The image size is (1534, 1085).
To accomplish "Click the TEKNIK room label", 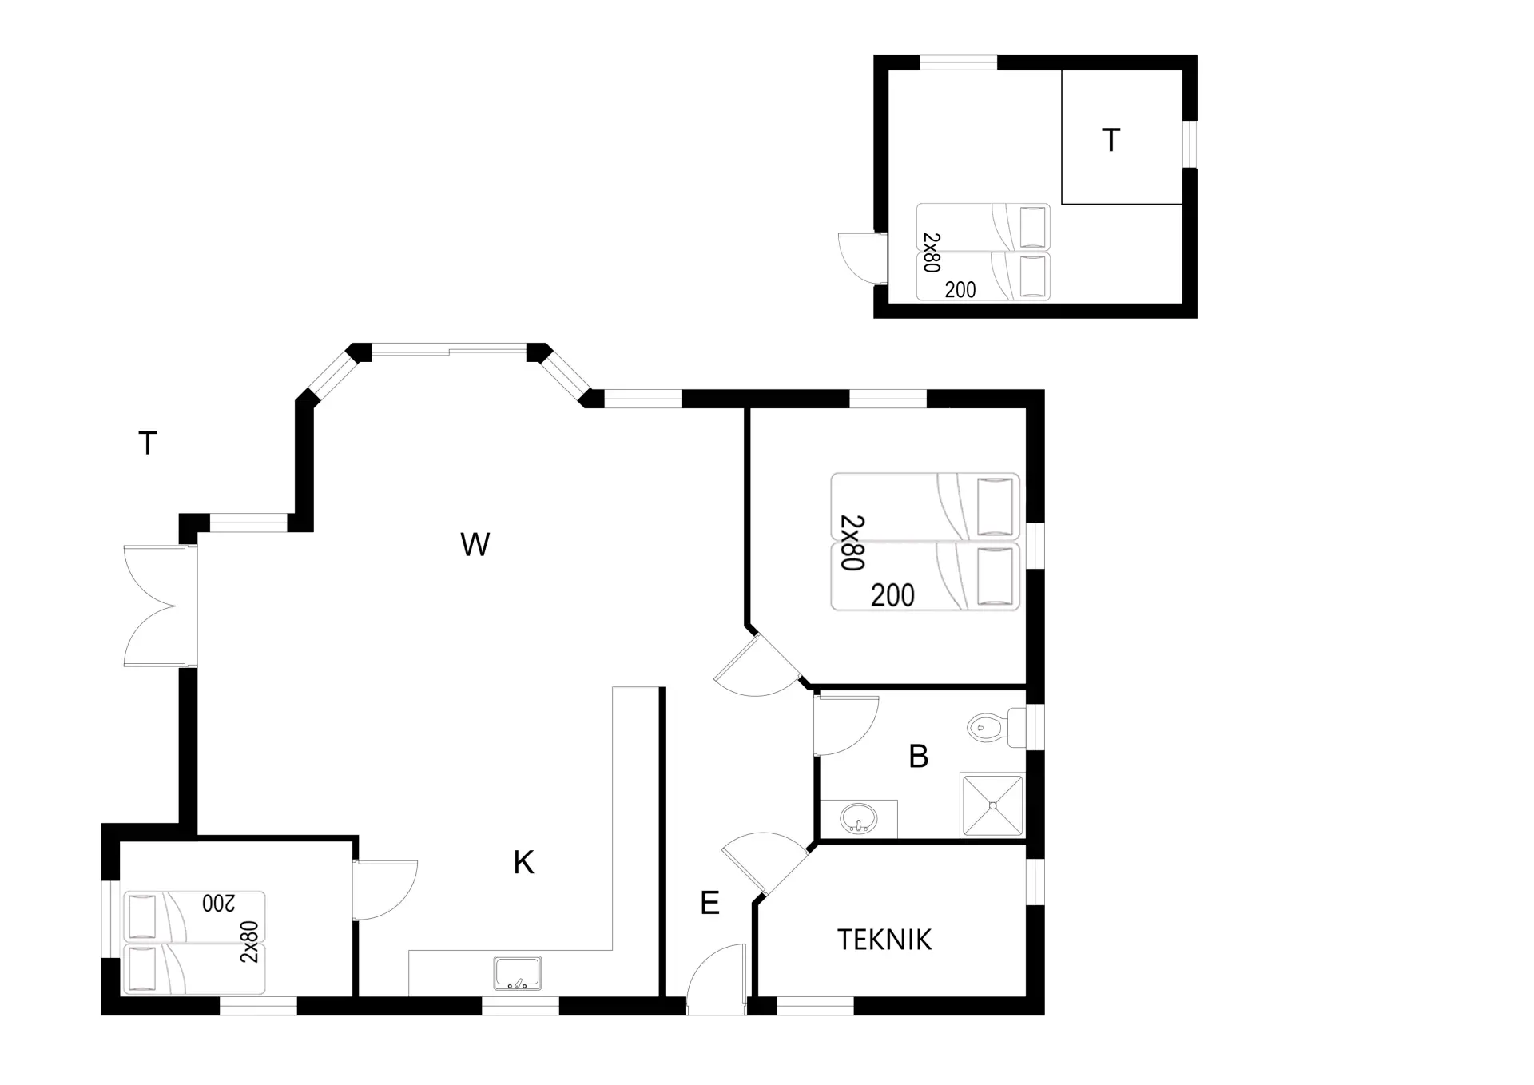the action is pyautogui.click(x=884, y=940).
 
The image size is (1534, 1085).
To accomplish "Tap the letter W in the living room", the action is pyautogui.click(x=475, y=545).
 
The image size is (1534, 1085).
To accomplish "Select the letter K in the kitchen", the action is pyautogui.click(x=523, y=863).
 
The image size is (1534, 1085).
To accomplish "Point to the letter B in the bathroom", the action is pyautogui.click(x=919, y=756).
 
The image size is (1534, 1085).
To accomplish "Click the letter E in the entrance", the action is pyautogui.click(x=709, y=903).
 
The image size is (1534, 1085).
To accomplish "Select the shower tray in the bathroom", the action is pyautogui.click(x=992, y=805).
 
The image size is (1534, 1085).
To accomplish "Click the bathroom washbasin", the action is pyautogui.click(x=859, y=819).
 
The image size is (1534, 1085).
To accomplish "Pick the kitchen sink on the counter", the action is pyautogui.click(x=518, y=972).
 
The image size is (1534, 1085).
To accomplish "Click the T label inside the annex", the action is pyautogui.click(x=1111, y=141).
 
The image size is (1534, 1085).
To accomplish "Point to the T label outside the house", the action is pyautogui.click(x=148, y=443).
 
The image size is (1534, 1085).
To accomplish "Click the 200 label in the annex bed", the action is pyautogui.click(x=960, y=290).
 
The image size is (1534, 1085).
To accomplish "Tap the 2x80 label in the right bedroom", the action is pyautogui.click(x=852, y=542).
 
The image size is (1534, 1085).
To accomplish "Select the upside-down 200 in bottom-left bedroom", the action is pyautogui.click(x=219, y=903).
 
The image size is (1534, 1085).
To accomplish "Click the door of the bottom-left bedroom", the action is pyautogui.click(x=385, y=889).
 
